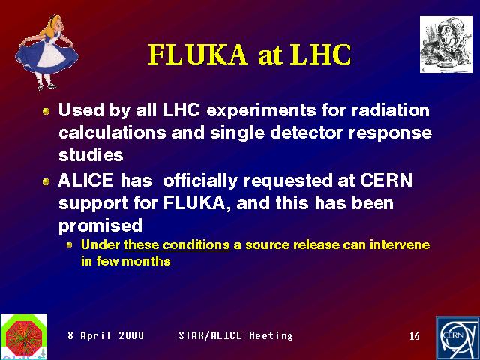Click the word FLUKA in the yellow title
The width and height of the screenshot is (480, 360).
(197, 55)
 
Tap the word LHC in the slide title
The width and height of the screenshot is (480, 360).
(321, 55)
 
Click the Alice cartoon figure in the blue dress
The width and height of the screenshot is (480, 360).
(46, 52)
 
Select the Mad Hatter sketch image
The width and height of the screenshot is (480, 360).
(446, 44)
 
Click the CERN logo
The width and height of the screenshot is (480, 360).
(457, 338)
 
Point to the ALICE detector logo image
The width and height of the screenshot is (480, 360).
(24, 337)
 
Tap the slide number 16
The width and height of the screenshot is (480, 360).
(415, 336)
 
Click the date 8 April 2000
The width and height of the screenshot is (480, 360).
(106, 335)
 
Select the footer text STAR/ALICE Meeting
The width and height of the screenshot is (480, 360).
(235, 335)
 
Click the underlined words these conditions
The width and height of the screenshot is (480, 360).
(177, 245)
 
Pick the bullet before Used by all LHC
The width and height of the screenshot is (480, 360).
(46, 111)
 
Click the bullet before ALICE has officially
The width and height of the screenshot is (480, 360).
(46, 181)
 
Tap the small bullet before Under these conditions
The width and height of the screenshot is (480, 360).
(70, 245)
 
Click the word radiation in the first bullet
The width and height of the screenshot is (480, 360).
(390, 110)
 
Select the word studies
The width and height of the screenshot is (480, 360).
(91, 155)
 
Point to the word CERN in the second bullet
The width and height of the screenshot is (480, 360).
(386, 180)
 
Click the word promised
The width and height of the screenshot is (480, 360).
(100, 226)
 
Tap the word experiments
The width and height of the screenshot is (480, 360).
(261, 110)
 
